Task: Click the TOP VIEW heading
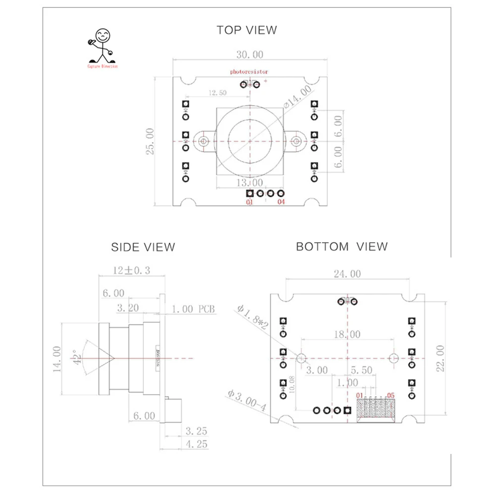[x=247, y=30]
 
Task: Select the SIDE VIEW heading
[x=143, y=247]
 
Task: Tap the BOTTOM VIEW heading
[x=342, y=246]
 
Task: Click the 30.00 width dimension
[x=250, y=55]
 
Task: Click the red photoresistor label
[x=248, y=72]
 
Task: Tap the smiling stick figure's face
[x=102, y=35]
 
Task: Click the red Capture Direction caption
[x=103, y=66]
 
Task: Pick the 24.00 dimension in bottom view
[x=347, y=274]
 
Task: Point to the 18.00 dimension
[x=347, y=335]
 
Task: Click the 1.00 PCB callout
[x=194, y=309]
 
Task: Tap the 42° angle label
[x=77, y=357]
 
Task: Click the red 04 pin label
[x=281, y=202]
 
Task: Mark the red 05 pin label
[x=390, y=395]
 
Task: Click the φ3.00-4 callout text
[x=246, y=401]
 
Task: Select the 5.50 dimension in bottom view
[x=361, y=370]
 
